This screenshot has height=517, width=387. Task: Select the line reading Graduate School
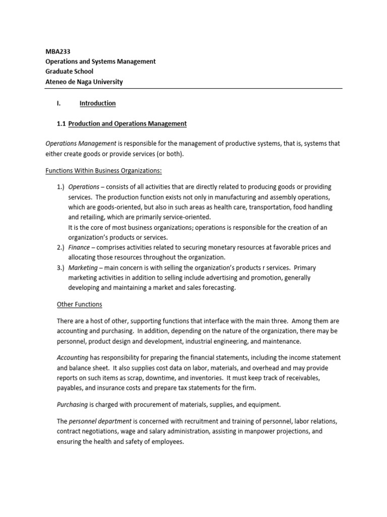(69, 71)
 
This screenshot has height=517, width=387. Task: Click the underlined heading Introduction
(97, 103)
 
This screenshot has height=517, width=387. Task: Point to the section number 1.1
(61, 123)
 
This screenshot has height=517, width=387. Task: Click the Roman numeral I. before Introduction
(58, 103)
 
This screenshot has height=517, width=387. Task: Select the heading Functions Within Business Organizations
(103, 170)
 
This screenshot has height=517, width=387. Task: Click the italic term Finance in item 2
(79, 247)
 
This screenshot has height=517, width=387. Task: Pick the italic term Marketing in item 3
(83, 268)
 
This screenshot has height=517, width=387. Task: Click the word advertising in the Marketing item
(206, 278)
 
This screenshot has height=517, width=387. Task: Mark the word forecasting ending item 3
(218, 288)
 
